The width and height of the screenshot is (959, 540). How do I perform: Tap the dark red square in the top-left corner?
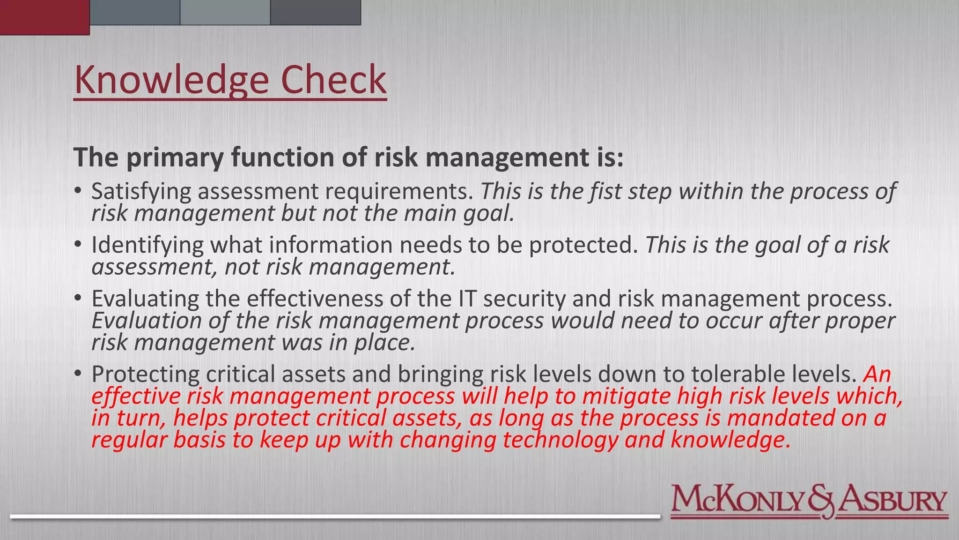[44, 17]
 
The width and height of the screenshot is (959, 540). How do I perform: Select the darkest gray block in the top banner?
[315, 12]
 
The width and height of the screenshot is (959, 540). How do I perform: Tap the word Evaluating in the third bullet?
[145, 299]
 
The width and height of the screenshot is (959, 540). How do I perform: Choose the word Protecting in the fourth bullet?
[145, 374]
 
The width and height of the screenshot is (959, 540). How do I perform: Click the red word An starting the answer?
[877, 374]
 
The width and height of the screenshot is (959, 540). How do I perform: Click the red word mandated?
[781, 418]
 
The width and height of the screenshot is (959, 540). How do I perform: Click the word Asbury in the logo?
[893, 501]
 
